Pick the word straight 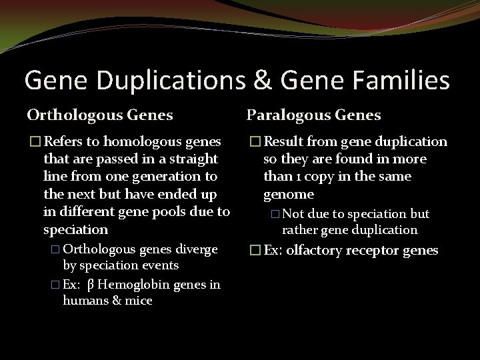[x=194, y=159]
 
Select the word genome [x=288, y=194]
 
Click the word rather [x=299, y=230]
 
